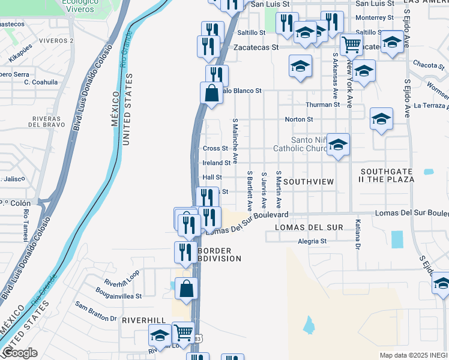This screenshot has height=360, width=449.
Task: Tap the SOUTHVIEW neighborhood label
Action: tap(308, 181)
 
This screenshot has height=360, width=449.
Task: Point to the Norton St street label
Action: tap(298, 119)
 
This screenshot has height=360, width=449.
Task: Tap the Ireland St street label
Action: tap(216, 163)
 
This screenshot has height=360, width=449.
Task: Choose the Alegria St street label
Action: tap(312, 242)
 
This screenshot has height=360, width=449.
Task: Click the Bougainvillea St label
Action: tap(118, 296)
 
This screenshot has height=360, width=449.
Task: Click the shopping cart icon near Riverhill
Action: tap(183, 332)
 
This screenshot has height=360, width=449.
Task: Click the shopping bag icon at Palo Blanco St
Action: tap(211, 93)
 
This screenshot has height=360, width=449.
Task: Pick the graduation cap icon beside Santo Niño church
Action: tap(339, 144)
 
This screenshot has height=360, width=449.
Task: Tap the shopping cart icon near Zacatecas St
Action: tap(351, 44)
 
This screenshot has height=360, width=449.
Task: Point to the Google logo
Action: tap(19, 353)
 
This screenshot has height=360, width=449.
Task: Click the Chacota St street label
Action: tap(428, 65)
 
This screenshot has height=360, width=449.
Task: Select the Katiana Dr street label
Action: tap(357, 241)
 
